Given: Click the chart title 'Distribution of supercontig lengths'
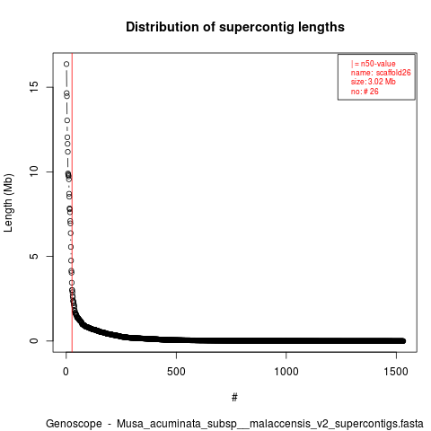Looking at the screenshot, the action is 235,27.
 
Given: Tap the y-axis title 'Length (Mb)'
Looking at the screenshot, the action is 8,203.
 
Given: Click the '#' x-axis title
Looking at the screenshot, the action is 234,398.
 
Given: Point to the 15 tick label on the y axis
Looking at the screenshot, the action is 34,87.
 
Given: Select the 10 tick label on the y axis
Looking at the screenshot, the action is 34,172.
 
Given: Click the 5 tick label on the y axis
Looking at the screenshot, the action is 34,256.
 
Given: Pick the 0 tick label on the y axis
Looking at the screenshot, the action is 34,340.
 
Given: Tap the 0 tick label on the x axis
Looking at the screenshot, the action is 66,372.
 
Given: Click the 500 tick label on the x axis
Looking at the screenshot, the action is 176,372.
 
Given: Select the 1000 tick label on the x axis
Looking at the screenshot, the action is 286,372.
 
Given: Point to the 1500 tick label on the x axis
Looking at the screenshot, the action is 396,372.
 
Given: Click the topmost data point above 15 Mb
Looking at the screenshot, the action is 66,64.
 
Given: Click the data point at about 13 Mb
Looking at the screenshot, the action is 67,120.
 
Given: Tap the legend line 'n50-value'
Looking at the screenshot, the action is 374,64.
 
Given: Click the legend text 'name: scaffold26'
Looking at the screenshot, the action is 381,73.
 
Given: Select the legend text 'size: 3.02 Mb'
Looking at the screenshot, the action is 374,82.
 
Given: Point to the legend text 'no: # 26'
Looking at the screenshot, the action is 365,92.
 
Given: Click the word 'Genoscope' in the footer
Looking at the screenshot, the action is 74,424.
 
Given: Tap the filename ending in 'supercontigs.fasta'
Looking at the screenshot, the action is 270,424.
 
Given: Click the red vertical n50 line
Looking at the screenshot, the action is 72,202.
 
